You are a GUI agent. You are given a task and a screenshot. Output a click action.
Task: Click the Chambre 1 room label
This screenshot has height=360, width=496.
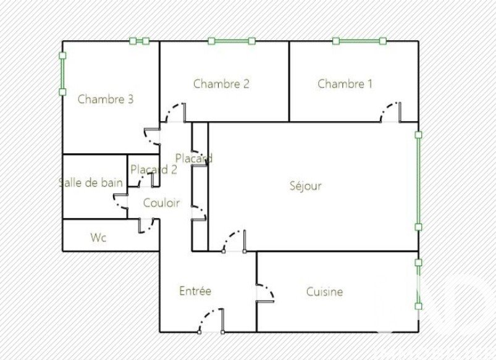[x=345, y=84]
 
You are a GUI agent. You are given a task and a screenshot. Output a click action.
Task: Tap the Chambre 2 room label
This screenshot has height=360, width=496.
[x=221, y=84]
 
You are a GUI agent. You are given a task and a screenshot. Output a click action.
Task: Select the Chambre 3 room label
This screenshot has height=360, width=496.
[x=106, y=99]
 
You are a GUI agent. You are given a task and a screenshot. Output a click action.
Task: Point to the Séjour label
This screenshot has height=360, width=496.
[x=306, y=186]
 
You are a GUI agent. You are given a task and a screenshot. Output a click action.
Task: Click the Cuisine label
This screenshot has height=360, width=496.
[x=324, y=291]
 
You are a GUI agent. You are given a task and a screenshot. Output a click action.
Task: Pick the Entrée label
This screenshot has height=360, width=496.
[x=195, y=290]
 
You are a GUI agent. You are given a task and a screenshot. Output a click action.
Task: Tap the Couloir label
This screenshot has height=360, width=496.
[x=161, y=203]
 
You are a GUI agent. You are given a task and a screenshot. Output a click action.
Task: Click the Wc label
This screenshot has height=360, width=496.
[x=98, y=237]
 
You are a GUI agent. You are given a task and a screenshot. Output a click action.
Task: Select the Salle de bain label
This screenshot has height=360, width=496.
[x=91, y=183]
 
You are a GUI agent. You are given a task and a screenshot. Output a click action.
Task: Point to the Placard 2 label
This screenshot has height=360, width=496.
[x=154, y=170]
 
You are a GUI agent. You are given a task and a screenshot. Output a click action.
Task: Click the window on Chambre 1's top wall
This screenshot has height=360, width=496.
[x=359, y=41]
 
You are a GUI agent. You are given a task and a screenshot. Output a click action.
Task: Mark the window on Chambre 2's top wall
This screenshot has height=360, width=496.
[x=232, y=41]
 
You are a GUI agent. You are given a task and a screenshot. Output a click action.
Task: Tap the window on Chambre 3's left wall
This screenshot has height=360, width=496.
[x=62, y=73]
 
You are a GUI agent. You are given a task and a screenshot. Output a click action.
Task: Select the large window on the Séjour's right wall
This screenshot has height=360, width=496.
[x=418, y=181]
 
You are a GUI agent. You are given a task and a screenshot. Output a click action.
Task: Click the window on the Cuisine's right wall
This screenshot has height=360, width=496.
[x=418, y=285]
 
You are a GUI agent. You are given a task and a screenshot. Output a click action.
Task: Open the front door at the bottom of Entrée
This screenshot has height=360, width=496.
[x=211, y=320]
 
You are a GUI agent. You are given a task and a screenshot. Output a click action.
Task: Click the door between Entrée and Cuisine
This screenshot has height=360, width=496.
[x=265, y=293]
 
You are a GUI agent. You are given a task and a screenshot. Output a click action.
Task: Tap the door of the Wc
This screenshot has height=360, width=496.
[x=146, y=225]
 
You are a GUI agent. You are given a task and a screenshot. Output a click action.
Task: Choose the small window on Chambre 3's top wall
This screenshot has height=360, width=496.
[x=139, y=41]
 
